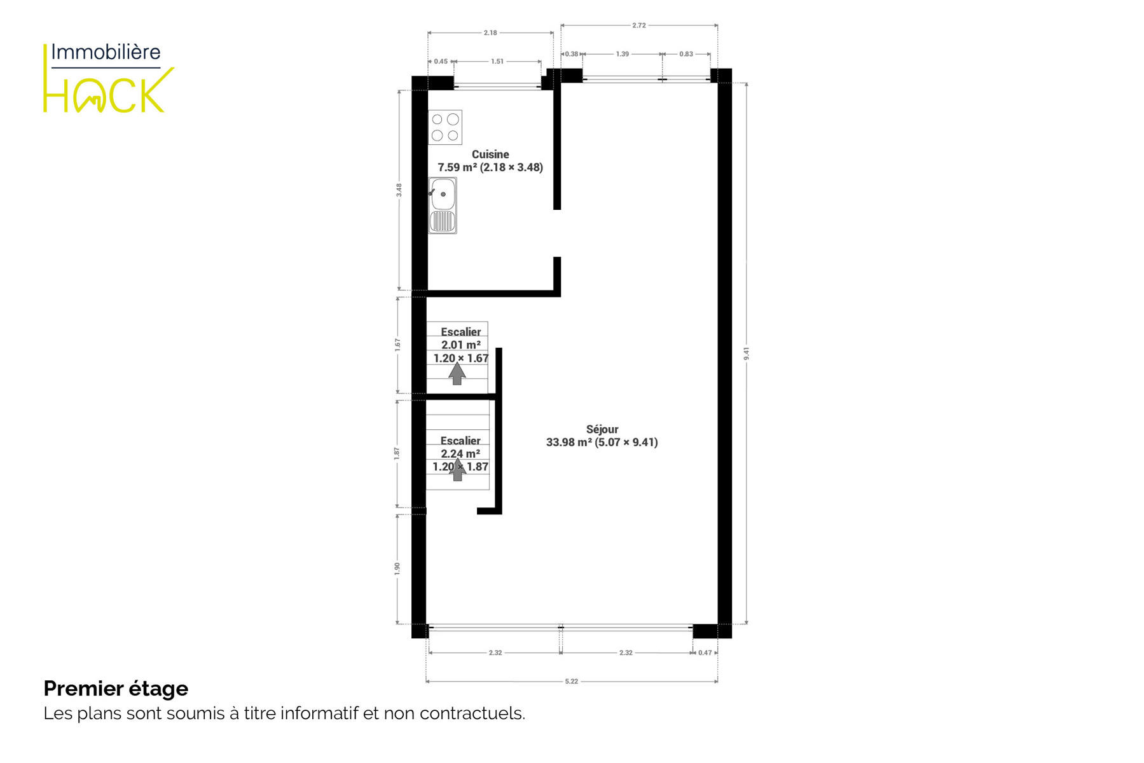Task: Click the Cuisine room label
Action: [490, 155]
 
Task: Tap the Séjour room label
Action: [602, 429]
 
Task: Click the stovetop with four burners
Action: [445, 127]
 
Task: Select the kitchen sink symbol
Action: [443, 205]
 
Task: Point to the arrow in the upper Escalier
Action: [457, 373]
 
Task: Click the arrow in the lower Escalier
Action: [457, 470]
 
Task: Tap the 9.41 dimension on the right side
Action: [747, 354]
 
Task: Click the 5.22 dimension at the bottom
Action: [572, 682]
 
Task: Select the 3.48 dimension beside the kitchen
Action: [399, 190]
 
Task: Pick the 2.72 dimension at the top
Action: [639, 25]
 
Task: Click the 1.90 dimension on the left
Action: [397, 568]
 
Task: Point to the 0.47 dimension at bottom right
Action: [705, 653]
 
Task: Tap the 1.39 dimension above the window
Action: [623, 54]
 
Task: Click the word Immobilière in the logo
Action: [106, 52]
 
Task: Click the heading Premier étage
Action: [116, 689]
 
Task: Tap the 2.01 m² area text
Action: [461, 345]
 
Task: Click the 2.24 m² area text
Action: [460, 453]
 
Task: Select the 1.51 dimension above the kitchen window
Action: [497, 62]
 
